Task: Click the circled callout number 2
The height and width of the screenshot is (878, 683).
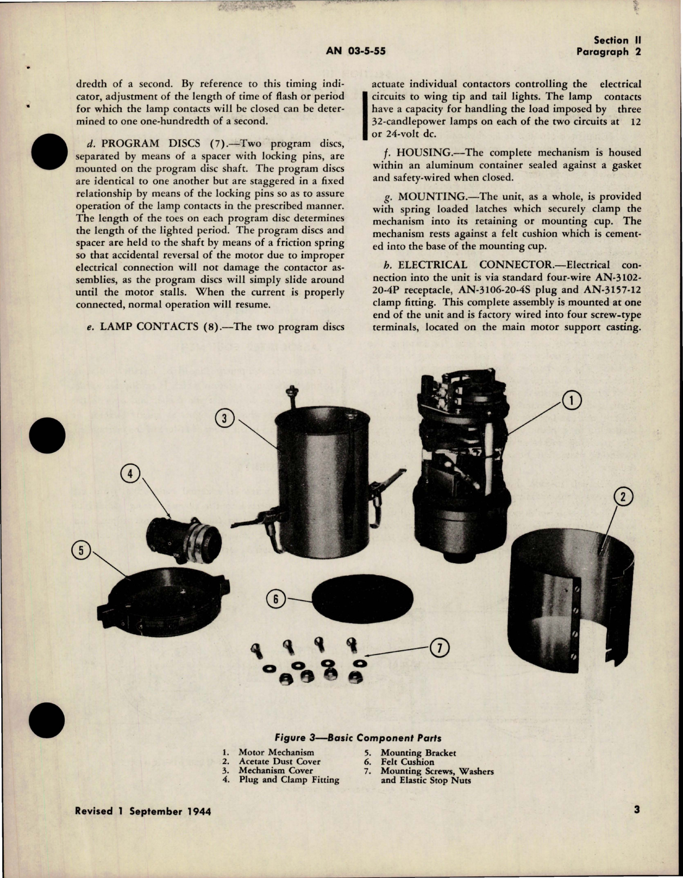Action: pyautogui.click(x=623, y=496)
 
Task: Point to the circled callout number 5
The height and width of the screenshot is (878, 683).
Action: pyautogui.click(x=81, y=551)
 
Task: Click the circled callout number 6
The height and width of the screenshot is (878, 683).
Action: pyautogui.click(x=275, y=599)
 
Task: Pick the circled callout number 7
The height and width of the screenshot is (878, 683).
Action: pyautogui.click(x=439, y=647)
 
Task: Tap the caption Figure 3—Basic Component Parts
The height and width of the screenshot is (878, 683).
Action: pyautogui.click(x=358, y=738)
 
